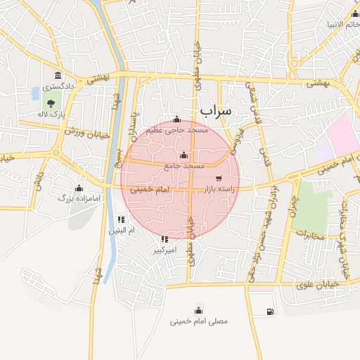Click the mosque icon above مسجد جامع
(x=184, y=155)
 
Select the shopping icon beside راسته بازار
(x=220, y=178)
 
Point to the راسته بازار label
(x=219, y=189)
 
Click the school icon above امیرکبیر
(x=165, y=239)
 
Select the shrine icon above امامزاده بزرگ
(x=79, y=188)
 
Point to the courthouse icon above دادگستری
(x=56, y=76)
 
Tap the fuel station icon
(x=271, y=311)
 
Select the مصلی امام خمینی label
(x=199, y=321)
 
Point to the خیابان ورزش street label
(x=84, y=131)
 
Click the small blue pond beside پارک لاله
(x=35, y=93)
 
